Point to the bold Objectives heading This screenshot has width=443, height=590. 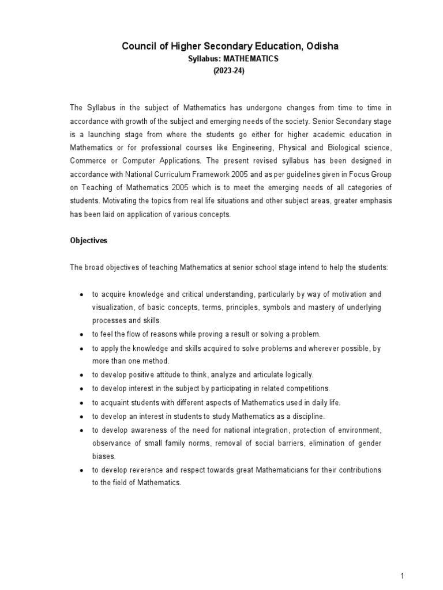point(89,241)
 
